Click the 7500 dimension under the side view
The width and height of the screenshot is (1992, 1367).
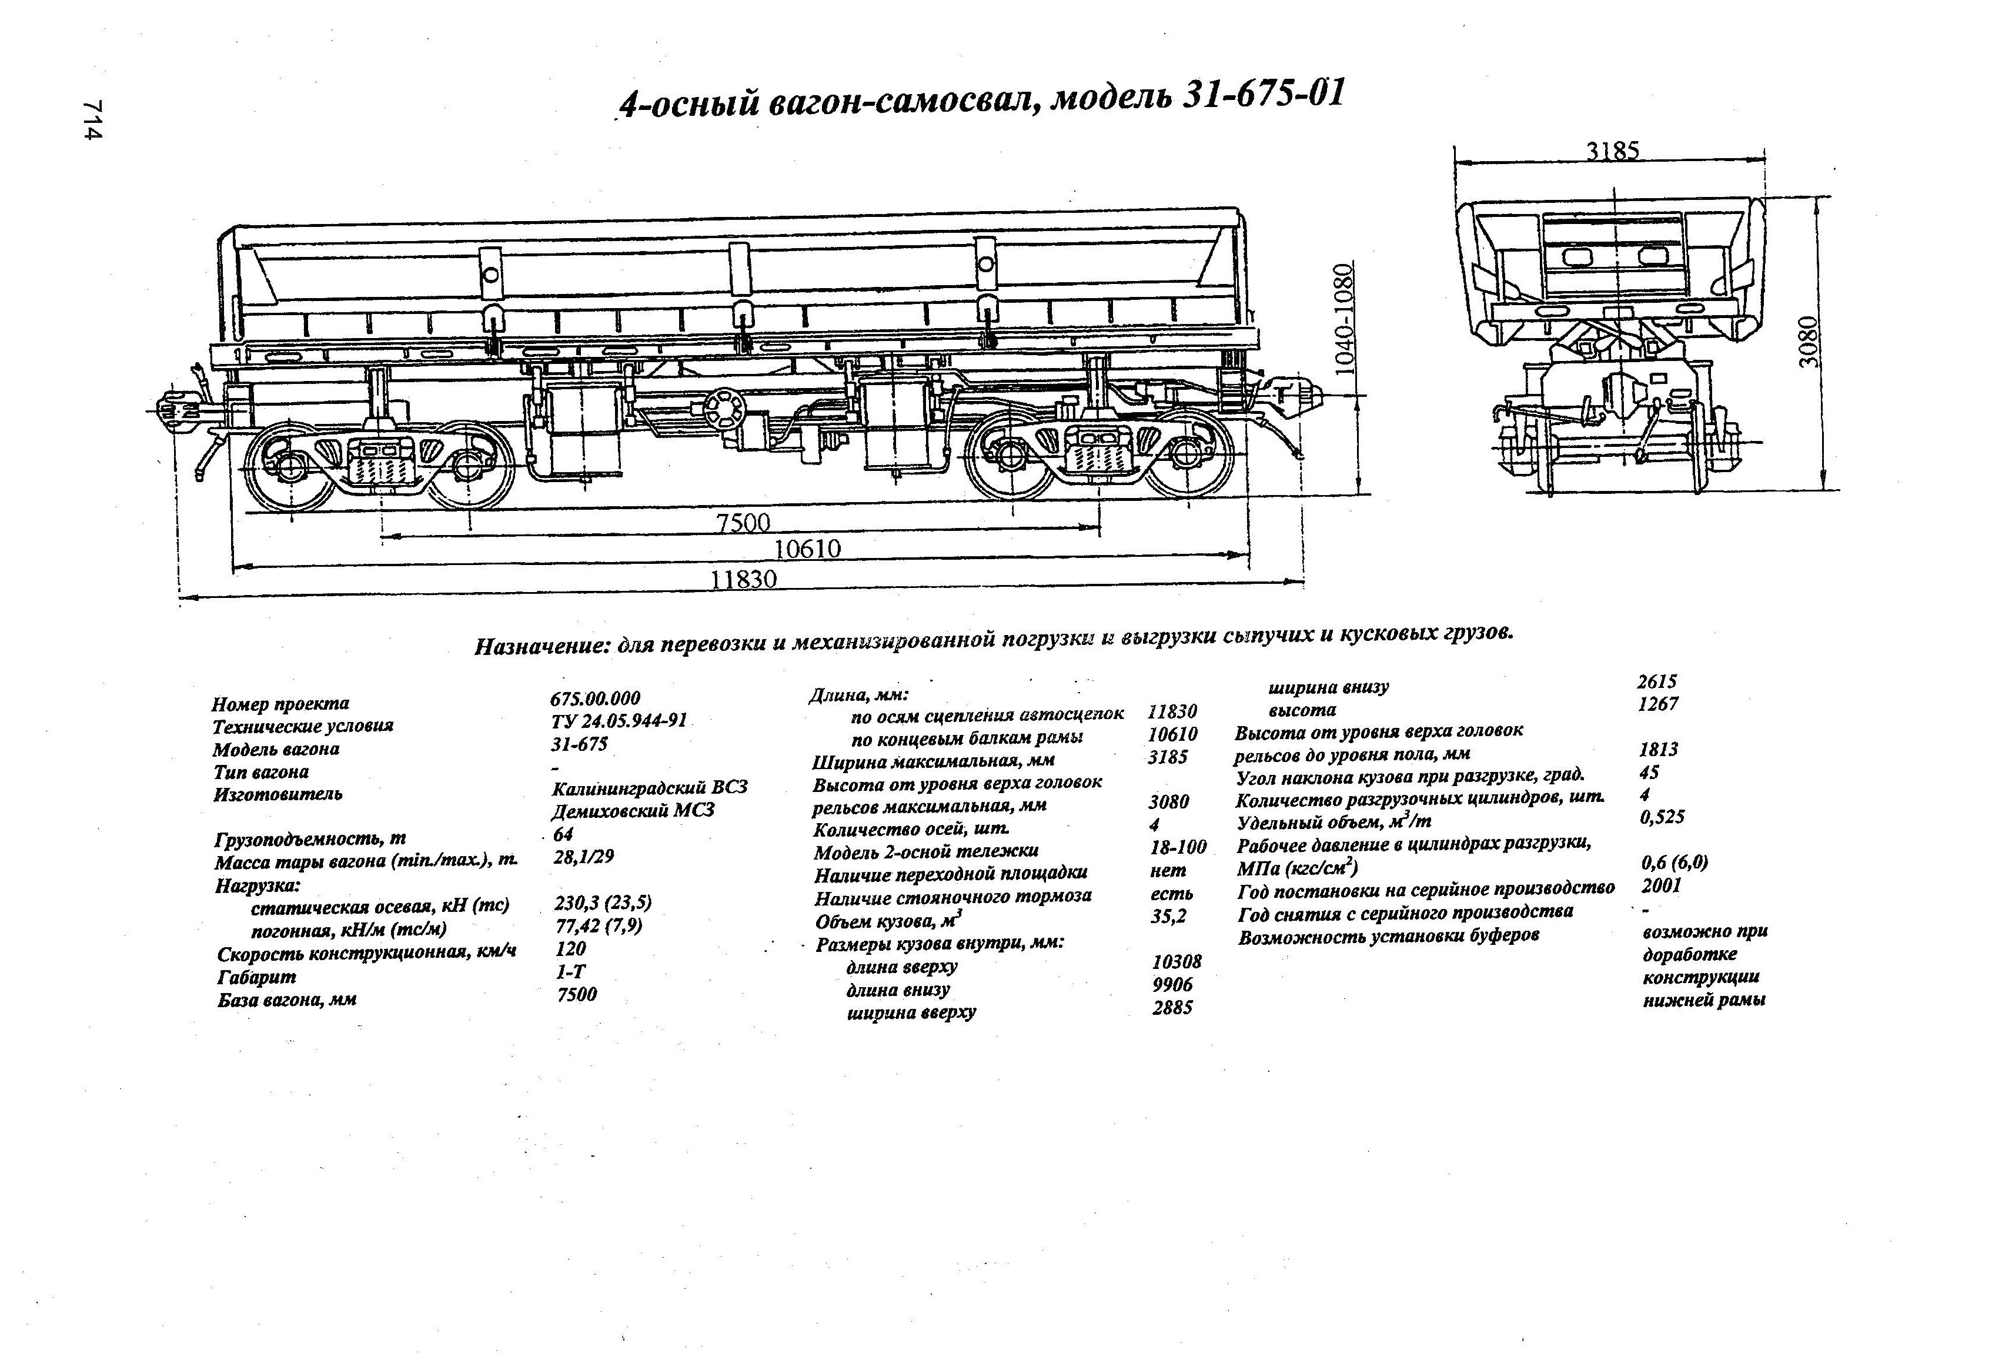pos(743,522)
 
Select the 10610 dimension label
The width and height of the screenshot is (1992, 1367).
pos(807,549)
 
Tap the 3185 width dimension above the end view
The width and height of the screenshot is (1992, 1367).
pos(1612,151)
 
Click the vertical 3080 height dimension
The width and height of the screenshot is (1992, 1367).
pos(1807,341)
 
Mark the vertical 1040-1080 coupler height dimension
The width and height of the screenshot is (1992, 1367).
pos(1344,318)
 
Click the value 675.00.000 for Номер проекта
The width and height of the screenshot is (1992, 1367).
pos(595,698)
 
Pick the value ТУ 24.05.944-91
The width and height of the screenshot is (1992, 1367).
pos(619,721)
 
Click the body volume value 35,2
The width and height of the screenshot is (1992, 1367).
pos(1168,916)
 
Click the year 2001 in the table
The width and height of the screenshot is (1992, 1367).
pos(1661,885)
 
